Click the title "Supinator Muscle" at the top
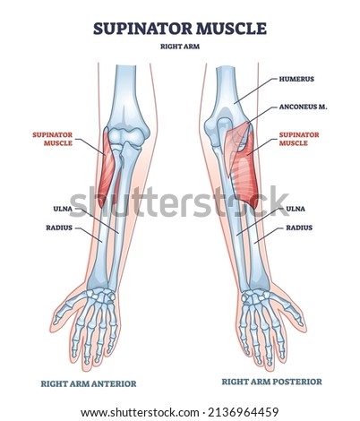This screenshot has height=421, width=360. pyautogui.click(x=180, y=29)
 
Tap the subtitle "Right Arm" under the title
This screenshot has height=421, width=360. pyautogui.click(x=180, y=47)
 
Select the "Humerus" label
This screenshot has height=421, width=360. pyautogui.click(x=296, y=79)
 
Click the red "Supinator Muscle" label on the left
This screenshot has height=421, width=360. pyautogui.click(x=53, y=139)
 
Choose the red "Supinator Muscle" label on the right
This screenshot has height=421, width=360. pyautogui.click(x=299, y=139)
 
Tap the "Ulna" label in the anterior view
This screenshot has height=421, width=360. pyautogui.click(x=63, y=209)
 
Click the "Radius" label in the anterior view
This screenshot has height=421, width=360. pyautogui.click(x=59, y=228)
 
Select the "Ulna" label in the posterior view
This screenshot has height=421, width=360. pyautogui.click(x=296, y=209)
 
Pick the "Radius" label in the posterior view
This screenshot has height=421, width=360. pyautogui.click(x=299, y=228)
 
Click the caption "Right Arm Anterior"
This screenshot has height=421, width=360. pyautogui.click(x=89, y=383)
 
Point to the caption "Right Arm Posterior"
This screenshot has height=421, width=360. pyautogui.click(x=271, y=382)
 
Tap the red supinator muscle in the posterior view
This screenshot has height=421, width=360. pyautogui.click(x=245, y=170)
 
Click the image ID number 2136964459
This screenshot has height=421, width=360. pyautogui.click(x=244, y=412)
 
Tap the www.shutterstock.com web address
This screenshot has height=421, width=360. pyautogui.click(x=140, y=412)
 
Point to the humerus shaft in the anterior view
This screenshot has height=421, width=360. pyautogui.click(x=126, y=90)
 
